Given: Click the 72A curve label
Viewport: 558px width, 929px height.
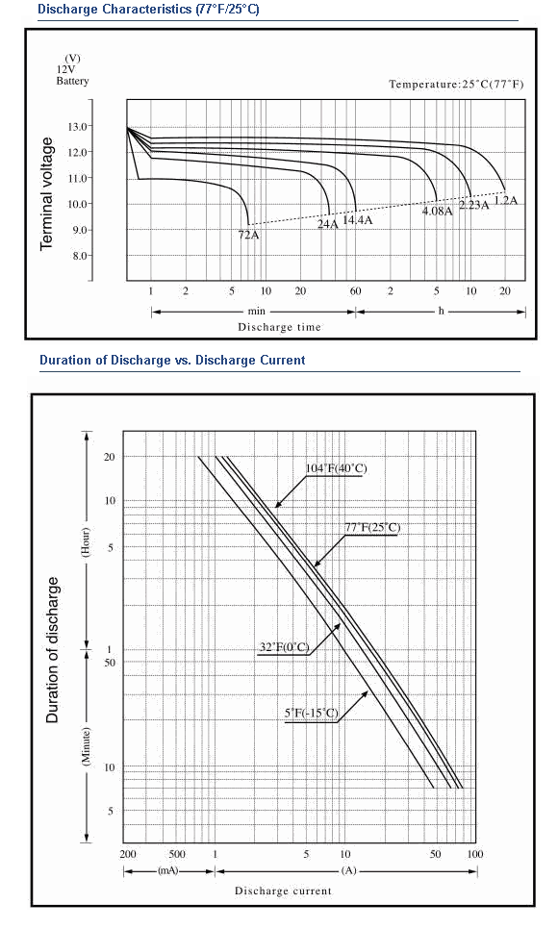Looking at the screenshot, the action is pyautogui.click(x=249, y=235).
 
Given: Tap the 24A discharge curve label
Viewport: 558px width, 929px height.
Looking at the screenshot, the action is pyautogui.click(x=328, y=224).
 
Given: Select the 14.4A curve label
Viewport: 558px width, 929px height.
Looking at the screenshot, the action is pyautogui.click(x=358, y=220).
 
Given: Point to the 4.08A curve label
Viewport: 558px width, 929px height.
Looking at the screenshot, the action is pyautogui.click(x=438, y=211).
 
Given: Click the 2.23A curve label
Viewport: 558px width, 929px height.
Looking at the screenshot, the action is pyautogui.click(x=474, y=205).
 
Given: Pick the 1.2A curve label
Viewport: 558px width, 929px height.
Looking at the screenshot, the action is pyautogui.click(x=505, y=200).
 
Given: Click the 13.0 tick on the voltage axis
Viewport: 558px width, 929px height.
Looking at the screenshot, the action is pyautogui.click(x=80, y=126).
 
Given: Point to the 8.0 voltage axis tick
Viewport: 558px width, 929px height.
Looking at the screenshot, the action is pyautogui.click(x=80, y=256).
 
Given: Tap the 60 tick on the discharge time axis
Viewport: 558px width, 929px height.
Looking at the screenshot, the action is pyautogui.click(x=355, y=290).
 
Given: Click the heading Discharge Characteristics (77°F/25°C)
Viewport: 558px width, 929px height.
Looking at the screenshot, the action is pyautogui.click(x=148, y=10).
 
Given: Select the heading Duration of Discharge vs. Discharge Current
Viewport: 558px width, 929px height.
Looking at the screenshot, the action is pyautogui.click(x=172, y=361).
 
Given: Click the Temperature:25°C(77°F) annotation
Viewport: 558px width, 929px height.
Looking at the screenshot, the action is pyautogui.click(x=457, y=84).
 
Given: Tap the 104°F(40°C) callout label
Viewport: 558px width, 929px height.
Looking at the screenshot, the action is pyautogui.click(x=336, y=468).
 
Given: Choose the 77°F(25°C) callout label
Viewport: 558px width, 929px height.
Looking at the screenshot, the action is pyautogui.click(x=372, y=527).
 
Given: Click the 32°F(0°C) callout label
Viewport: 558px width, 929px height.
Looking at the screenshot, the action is pyautogui.click(x=284, y=646).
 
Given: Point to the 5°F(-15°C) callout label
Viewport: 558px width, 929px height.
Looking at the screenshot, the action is pyautogui.click(x=312, y=713).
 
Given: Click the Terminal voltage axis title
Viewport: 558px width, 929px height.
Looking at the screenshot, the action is pyautogui.click(x=46, y=193).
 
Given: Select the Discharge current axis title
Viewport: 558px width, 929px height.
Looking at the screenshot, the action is pyautogui.click(x=284, y=891).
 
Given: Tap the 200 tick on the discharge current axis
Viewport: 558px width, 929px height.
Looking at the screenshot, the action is pyautogui.click(x=128, y=854).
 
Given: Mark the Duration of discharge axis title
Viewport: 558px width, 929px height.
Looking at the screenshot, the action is pyautogui.click(x=53, y=650).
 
